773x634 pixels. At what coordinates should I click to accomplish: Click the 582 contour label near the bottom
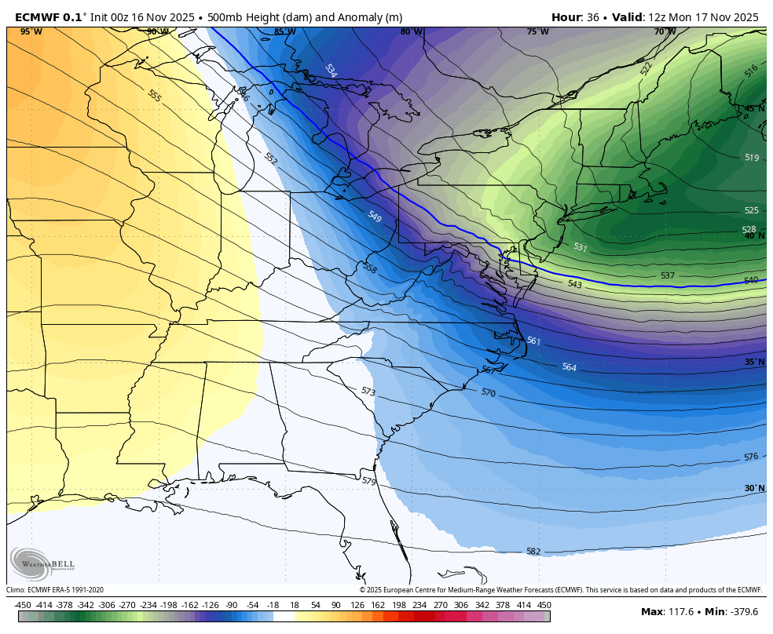tap(533, 552)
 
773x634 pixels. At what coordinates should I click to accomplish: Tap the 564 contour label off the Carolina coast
tap(570, 367)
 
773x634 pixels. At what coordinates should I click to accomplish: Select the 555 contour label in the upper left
tap(155, 96)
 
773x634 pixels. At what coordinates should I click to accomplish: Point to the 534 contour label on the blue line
tap(331, 70)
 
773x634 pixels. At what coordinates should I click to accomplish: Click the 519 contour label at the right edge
tap(752, 158)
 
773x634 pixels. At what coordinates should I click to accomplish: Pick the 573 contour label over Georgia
tap(368, 391)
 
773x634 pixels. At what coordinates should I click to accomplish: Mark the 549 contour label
tap(375, 217)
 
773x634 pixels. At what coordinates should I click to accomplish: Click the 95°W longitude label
tap(31, 32)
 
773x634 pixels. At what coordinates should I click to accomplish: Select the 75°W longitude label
tap(537, 32)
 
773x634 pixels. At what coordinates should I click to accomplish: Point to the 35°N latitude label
tap(754, 362)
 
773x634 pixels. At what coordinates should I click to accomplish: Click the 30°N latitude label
tap(754, 488)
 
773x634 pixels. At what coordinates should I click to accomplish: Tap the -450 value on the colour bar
tap(23, 605)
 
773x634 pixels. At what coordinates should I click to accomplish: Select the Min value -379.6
tap(742, 612)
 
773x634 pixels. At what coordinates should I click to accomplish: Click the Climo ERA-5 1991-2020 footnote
tap(55, 590)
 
